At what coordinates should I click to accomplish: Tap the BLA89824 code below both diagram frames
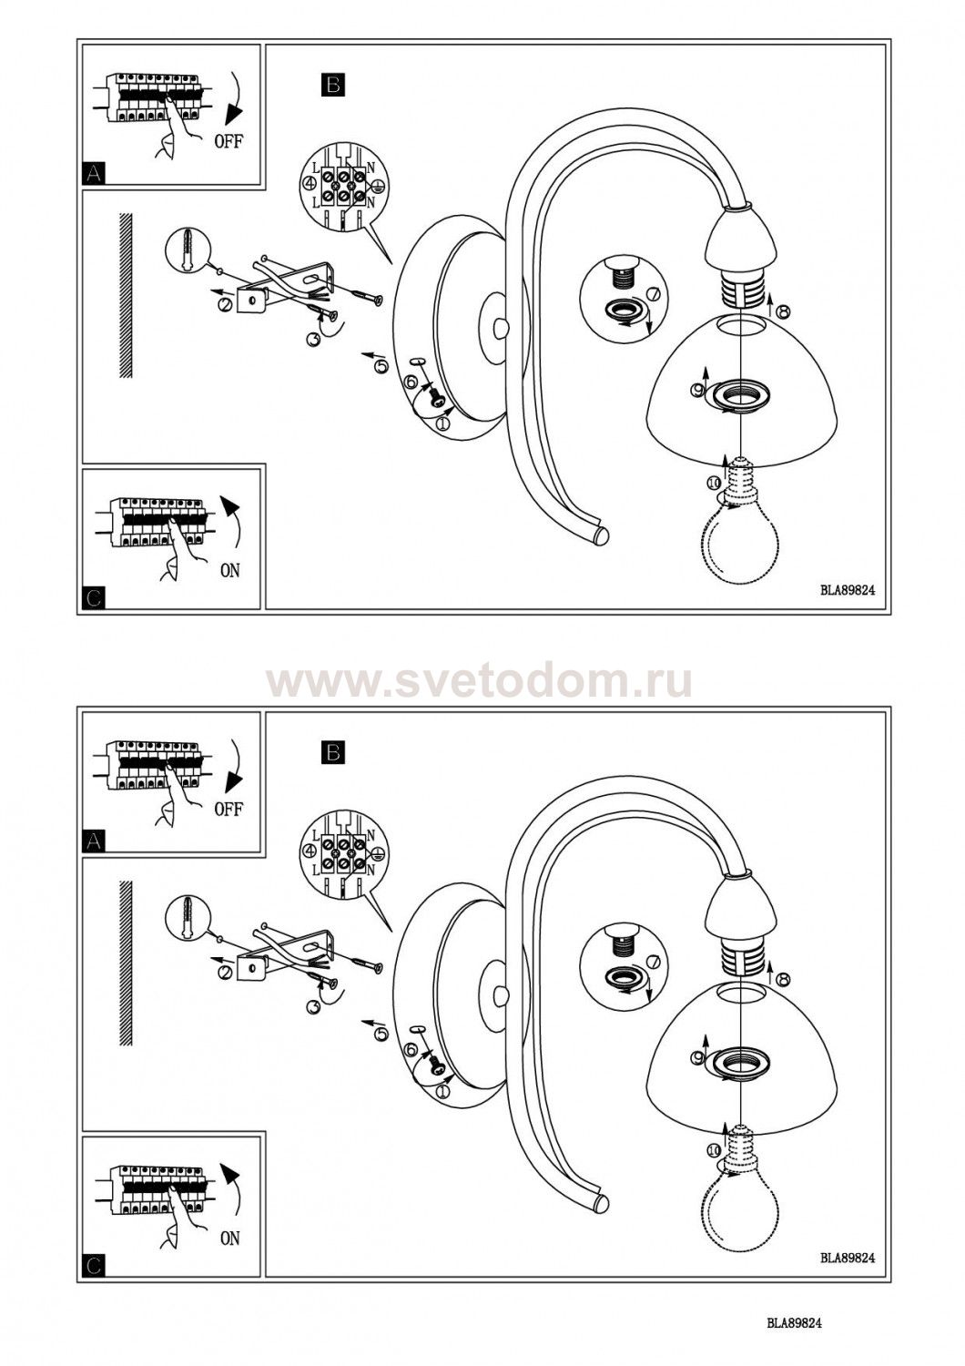coord(795,1336)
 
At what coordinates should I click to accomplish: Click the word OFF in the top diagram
coord(229,143)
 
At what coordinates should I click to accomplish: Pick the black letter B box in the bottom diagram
coord(333,752)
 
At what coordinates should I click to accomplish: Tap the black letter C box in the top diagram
coord(93,598)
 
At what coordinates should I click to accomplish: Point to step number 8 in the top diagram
coord(784,311)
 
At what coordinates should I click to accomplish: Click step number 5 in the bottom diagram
coord(381,1034)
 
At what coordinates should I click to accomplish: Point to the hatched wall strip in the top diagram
coord(125,295)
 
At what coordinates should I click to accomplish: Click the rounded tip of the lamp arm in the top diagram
coord(601,536)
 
